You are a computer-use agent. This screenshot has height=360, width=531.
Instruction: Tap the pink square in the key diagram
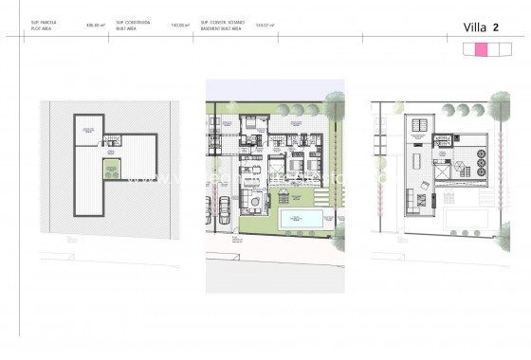[481, 50]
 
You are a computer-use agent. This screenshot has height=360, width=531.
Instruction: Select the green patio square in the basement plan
[116, 171]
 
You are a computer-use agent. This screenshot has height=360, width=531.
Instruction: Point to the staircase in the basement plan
[113, 141]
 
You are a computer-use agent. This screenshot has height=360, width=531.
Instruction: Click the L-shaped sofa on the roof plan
[413, 201]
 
